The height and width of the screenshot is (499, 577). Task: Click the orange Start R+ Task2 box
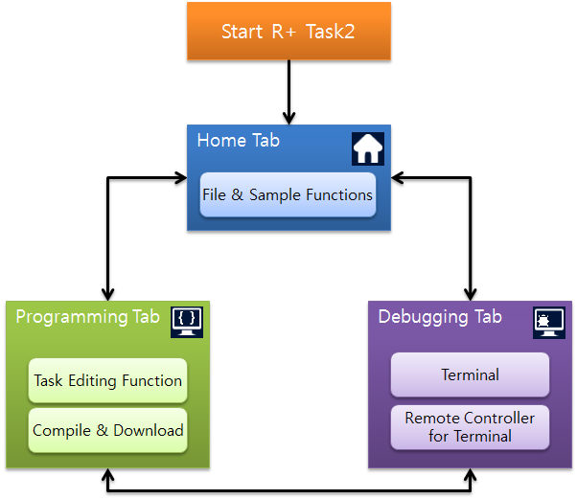tap(288, 31)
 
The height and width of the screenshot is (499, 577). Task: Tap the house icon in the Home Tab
tap(368, 148)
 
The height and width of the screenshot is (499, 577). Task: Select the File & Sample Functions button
tap(288, 194)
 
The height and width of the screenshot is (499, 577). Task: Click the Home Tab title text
tap(239, 140)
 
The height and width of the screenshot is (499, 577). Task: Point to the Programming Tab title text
tap(87, 317)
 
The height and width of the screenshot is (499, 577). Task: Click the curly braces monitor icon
tap(187, 322)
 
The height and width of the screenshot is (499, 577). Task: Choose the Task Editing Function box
tap(107, 380)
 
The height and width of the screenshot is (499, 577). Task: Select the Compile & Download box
tap(107, 430)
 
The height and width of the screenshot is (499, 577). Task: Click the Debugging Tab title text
tap(440, 317)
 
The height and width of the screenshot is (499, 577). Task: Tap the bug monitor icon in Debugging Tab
tap(549, 323)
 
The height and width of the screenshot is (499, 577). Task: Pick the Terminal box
tap(470, 374)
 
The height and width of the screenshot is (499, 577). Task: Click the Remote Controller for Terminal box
tap(470, 427)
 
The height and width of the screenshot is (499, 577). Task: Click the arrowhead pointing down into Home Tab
tap(288, 119)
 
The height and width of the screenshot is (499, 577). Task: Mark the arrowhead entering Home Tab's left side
tap(180, 178)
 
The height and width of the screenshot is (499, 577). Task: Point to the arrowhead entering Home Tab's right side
tap(398, 178)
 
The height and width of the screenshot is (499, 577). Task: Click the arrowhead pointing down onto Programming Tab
tap(107, 295)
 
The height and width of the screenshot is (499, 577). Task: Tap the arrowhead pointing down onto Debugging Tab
tap(471, 295)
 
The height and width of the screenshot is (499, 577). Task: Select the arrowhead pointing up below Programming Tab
tap(107, 475)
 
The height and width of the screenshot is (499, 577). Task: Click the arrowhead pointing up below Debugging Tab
tap(471, 475)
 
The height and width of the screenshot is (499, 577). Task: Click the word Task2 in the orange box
tap(330, 32)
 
